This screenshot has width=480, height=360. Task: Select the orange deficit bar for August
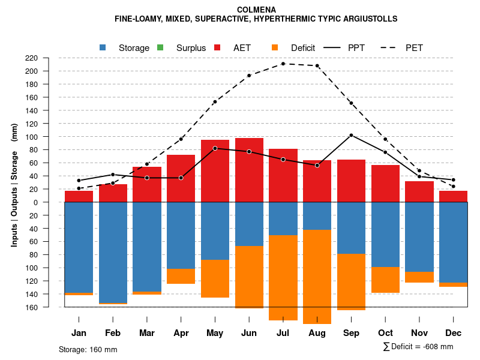tap(317, 277)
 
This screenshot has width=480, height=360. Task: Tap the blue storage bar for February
tap(113, 253)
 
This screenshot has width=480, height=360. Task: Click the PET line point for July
tap(283, 64)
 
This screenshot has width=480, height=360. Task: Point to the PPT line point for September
tap(351, 135)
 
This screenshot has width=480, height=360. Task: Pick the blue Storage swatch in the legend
tap(103, 47)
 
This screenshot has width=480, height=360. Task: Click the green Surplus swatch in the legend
tap(160, 47)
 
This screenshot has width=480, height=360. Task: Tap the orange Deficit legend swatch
tap(275, 47)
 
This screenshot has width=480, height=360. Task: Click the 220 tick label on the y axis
tap(48, 58)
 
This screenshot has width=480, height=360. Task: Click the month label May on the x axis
tap(215, 333)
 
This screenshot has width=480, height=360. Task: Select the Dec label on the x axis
tap(453, 333)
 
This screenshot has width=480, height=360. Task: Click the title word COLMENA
tap(256, 10)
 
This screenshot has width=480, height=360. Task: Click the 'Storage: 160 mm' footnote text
tap(88, 349)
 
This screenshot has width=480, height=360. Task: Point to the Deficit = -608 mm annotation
tap(418, 346)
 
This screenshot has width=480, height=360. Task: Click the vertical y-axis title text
tap(14, 185)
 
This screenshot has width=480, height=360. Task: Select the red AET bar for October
tap(385, 183)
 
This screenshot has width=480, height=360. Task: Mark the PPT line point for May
tap(215, 148)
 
